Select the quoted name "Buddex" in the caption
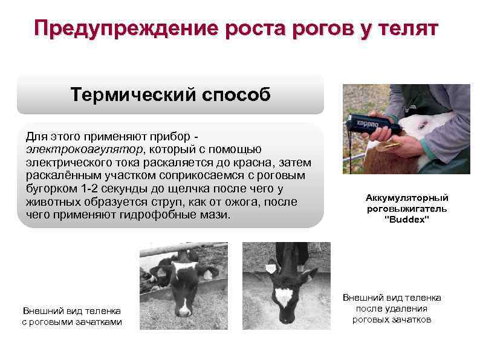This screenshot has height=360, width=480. pyautogui.click(x=406, y=220)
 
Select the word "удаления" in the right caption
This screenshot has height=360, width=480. pyautogui.click(x=408, y=309)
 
